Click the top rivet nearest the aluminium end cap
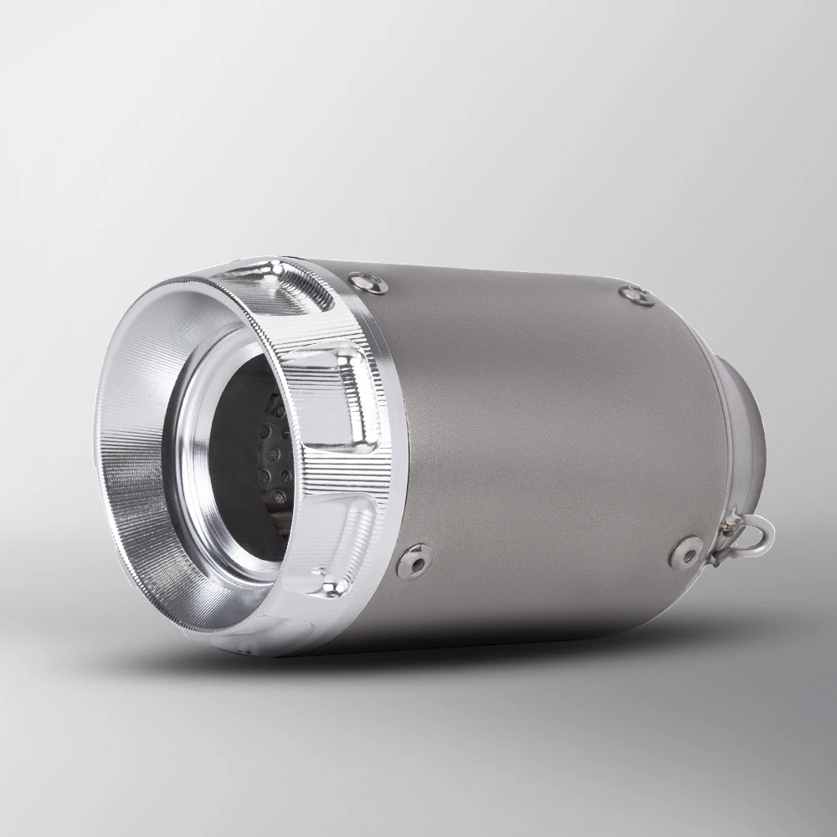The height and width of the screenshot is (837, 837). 368,284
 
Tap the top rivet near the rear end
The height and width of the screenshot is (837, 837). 637,295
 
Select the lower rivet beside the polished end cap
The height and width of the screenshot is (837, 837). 414,561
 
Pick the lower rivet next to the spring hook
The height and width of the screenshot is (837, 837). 686,552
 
